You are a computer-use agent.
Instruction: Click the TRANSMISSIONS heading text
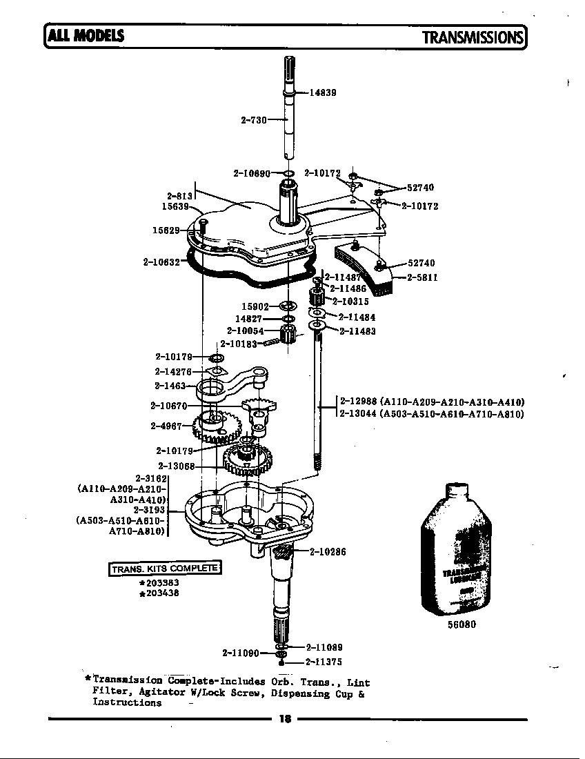473,37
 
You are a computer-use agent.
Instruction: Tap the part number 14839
322,92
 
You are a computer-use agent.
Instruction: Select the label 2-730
253,120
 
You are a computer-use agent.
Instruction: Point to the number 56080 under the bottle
462,625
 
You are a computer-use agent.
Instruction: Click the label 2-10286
328,551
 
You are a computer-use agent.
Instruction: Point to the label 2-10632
161,262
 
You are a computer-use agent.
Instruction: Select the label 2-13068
176,466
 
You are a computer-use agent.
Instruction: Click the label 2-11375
324,662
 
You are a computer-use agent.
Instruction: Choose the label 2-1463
170,386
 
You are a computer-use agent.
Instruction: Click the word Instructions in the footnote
127,702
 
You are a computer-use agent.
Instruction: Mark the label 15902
255,306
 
